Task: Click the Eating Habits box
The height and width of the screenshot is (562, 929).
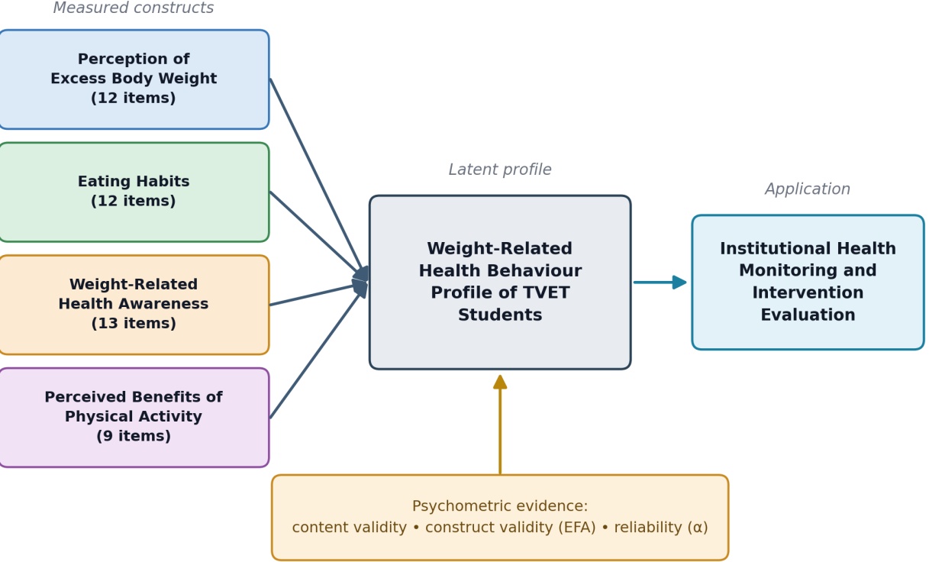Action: point(134,192)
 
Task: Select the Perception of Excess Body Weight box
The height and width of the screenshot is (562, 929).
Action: point(134,79)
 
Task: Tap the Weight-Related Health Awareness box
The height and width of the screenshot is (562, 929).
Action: point(134,305)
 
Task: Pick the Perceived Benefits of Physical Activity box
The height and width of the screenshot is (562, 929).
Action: point(134,418)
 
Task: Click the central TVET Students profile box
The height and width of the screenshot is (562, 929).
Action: point(500,282)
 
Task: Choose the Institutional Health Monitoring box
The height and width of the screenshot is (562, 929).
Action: point(808,282)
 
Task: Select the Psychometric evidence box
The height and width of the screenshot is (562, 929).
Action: point(500,518)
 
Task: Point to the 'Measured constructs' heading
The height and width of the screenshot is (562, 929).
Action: point(134,8)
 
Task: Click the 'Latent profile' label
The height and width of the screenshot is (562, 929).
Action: point(500,170)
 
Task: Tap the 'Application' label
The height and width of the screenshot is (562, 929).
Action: point(808,189)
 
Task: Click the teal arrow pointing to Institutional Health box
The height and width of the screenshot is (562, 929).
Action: point(660,283)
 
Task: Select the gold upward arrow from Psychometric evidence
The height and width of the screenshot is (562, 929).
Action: point(500,425)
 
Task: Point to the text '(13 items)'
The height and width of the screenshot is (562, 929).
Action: point(134,323)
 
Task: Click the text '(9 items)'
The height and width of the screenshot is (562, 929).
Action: point(134,436)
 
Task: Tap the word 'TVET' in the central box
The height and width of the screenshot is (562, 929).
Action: point(547,292)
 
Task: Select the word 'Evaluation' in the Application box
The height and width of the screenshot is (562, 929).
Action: point(808,315)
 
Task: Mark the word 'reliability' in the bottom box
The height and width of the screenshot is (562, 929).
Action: point(648,527)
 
